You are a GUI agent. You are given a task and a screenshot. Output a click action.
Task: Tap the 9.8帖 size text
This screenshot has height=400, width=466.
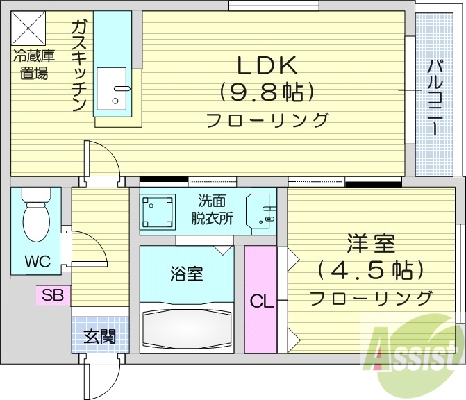point(267,92)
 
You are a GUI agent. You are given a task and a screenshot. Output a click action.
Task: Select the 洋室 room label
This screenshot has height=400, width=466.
point(372,244)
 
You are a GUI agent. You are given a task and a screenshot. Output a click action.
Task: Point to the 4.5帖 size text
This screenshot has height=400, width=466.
point(372,269)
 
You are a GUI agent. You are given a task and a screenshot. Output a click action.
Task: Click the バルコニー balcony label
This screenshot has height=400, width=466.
point(435,97)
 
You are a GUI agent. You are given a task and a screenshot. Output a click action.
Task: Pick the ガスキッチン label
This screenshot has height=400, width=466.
point(78,66)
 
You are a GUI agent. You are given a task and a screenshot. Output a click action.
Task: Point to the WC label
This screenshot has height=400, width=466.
point(38,262)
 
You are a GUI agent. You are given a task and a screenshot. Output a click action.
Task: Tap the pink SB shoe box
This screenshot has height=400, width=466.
point(52,295)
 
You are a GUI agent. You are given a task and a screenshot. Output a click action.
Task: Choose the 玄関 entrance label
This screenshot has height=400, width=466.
point(100,337)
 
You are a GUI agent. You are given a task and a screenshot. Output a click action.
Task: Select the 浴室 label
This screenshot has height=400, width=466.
point(186,274)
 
